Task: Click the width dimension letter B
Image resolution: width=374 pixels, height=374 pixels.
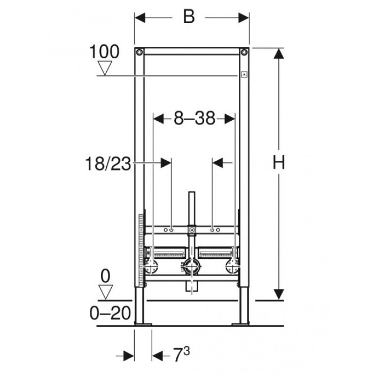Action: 189,17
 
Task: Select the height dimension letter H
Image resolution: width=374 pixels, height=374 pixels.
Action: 278,162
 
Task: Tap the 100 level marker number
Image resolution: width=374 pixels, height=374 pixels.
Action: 104,51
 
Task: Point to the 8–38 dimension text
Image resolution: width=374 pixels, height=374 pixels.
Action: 194,118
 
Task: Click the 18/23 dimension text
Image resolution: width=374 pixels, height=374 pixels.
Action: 108,163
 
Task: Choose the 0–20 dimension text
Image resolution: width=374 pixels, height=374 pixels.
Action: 110,313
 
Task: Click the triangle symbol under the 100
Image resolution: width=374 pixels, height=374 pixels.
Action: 105,68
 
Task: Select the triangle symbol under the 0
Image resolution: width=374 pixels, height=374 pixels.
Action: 105,292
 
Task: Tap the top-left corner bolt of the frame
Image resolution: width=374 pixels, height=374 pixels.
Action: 139,52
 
